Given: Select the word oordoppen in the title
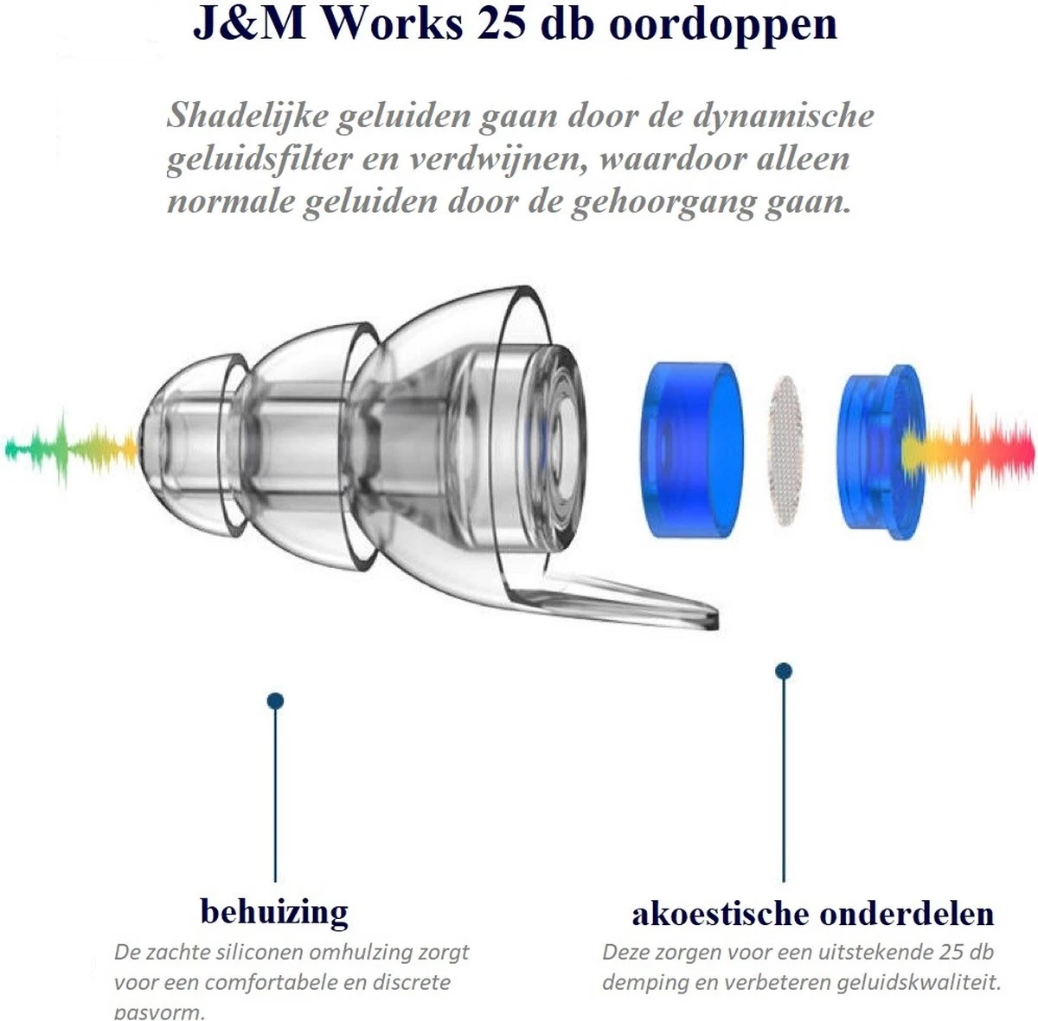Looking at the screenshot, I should [x=723, y=25].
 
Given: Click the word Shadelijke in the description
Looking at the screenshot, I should [x=244, y=116].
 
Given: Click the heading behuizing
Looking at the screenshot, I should [x=274, y=911].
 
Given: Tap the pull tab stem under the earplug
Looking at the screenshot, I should [x=623, y=598].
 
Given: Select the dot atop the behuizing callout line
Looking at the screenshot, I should [x=275, y=700].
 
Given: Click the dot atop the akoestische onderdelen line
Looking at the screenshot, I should [x=784, y=671].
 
